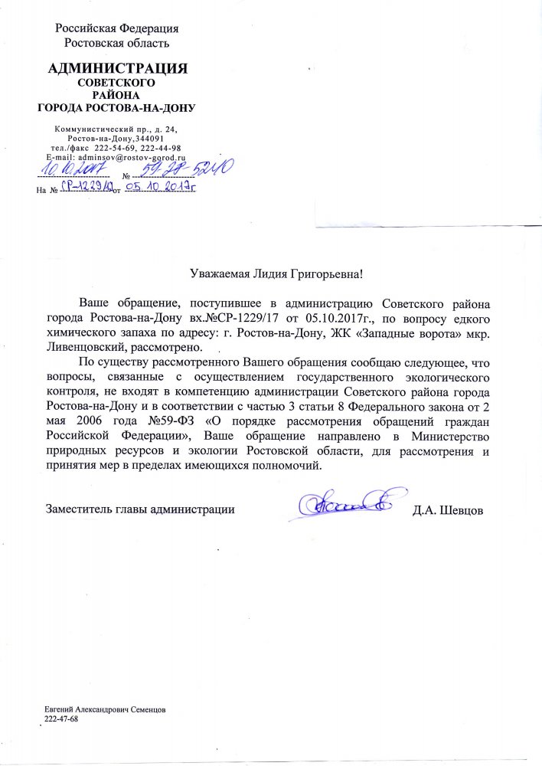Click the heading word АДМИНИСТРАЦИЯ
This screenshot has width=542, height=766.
coord(117,69)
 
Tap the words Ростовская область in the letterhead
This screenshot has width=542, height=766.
coord(117,43)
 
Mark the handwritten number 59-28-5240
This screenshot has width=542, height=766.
coord(188,169)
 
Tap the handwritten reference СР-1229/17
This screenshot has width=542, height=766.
coord(85,186)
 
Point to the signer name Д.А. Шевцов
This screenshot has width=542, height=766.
coord(448,509)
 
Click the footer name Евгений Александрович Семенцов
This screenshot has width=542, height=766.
coord(106,711)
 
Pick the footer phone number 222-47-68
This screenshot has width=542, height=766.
coord(62,720)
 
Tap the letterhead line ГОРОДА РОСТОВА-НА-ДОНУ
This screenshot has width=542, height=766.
coord(117,107)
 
